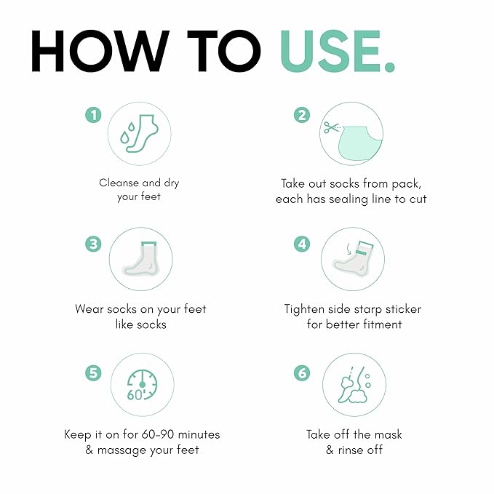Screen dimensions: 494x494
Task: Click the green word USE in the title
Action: point(330,52)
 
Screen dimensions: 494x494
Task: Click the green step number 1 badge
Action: point(94,115)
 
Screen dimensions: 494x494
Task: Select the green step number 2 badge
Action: point(302,115)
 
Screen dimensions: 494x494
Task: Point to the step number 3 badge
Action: point(94,244)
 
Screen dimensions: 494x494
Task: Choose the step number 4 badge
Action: point(302,244)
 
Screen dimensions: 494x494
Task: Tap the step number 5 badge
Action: point(94,373)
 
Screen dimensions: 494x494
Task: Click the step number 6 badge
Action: point(302,373)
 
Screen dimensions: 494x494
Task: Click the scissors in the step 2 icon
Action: point(331,127)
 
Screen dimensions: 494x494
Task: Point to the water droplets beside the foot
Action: point(127,133)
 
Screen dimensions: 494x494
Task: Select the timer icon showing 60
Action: point(142,385)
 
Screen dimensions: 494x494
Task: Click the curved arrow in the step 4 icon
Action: point(348,249)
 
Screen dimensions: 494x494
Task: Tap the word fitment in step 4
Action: point(382,324)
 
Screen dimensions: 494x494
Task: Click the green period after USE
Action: point(389,67)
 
